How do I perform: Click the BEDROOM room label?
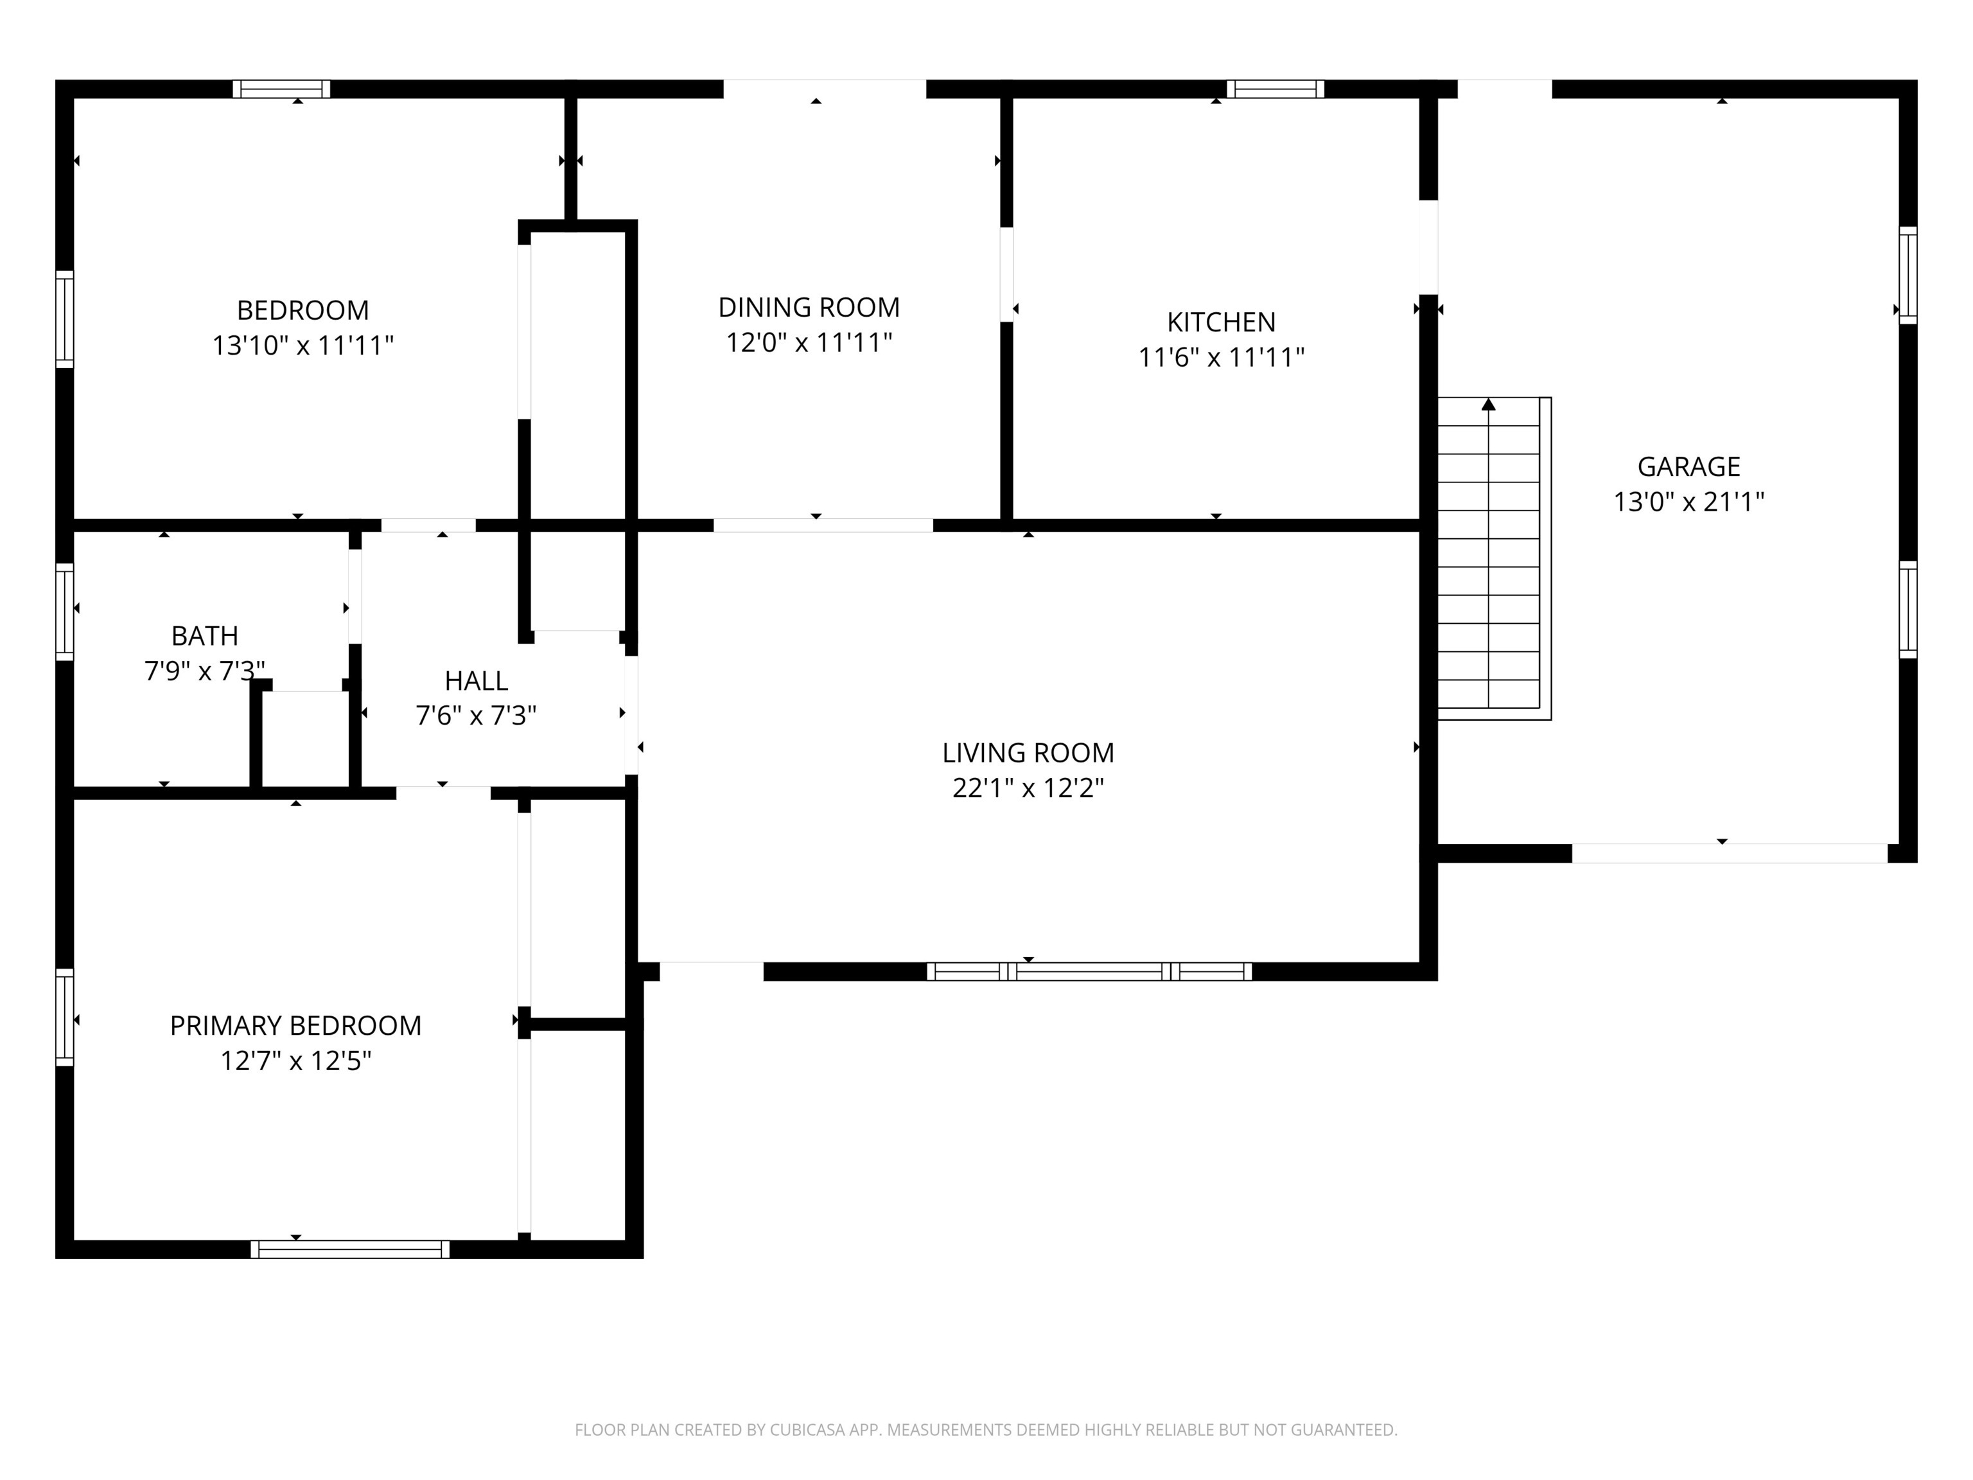click(x=303, y=310)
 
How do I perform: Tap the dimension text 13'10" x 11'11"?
click(x=303, y=345)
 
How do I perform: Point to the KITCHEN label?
click(x=1220, y=322)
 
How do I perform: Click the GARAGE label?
click(x=1688, y=466)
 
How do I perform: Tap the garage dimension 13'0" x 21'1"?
click(x=1688, y=502)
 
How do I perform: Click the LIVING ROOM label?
click(x=1028, y=753)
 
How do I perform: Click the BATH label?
click(x=204, y=636)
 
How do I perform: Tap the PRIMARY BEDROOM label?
click(x=295, y=1026)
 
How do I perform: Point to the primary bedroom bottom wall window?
click(x=349, y=1249)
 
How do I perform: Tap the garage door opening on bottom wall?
click(x=1728, y=853)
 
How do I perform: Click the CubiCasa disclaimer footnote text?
click(x=986, y=1430)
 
